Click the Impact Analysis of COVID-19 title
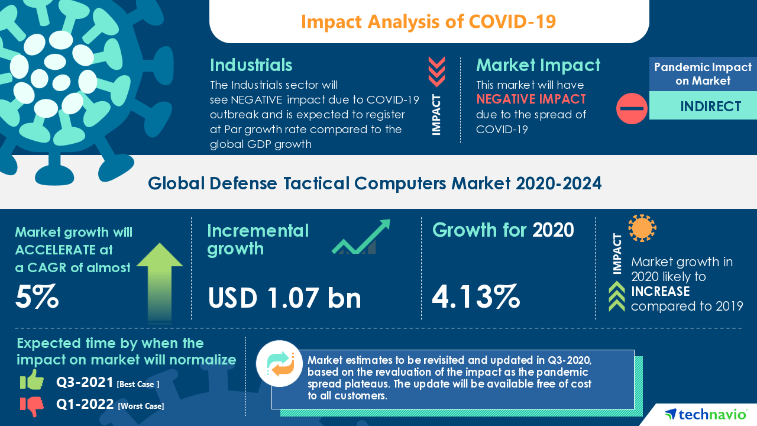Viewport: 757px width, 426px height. [428, 21]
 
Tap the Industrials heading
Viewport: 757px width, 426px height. [251, 64]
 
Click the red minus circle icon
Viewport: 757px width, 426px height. [632, 108]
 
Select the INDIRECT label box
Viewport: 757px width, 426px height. [703, 106]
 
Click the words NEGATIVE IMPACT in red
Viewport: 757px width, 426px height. [531, 99]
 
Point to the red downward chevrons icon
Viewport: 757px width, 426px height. [436, 72]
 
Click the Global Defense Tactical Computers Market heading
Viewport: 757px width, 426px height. [374, 183]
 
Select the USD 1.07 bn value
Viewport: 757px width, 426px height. [284, 298]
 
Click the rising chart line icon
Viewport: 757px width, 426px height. [361, 237]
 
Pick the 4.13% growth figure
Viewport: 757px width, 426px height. [475, 296]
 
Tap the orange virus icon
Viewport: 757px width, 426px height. [642, 228]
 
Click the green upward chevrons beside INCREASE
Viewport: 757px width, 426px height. [616, 296]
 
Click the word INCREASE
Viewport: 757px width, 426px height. [660, 291]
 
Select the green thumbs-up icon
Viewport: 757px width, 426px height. [32, 380]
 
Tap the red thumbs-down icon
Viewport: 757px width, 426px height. [32, 405]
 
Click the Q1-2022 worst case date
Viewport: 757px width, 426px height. [85, 405]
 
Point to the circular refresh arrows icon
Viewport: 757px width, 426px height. [279, 363]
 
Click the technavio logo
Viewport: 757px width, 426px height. [705, 414]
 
